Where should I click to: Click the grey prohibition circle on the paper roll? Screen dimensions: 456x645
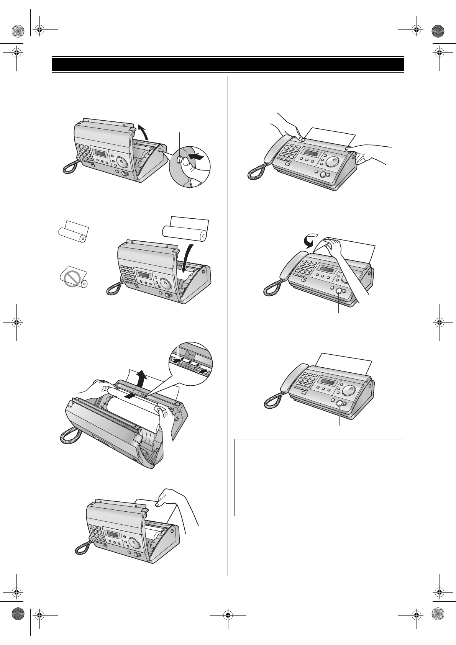72,279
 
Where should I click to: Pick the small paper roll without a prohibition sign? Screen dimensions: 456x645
73,233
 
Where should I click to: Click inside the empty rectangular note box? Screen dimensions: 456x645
319,477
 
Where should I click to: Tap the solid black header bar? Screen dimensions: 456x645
228,65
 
